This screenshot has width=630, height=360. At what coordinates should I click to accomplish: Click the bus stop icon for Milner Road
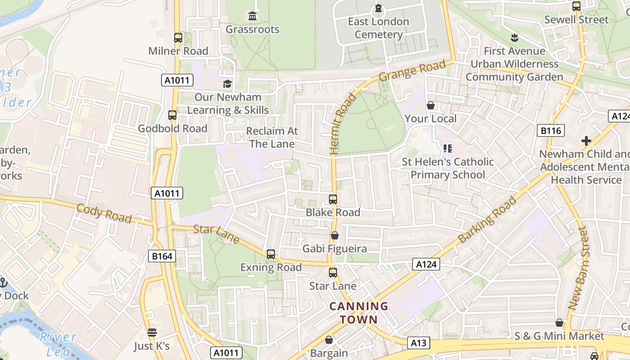pyautogui.click(x=178, y=38)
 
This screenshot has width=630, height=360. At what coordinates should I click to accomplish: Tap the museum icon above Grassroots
pyautogui.click(x=252, y=16)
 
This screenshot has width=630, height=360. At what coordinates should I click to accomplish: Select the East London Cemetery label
pyautogui.click(x=378, y=28)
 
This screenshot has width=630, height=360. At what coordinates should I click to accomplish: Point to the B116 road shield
pyautogui.click(x=551, y=131)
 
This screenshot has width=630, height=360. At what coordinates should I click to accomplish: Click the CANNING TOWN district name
pyautogui.click(x=359, y=313)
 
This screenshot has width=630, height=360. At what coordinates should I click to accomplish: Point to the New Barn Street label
pyautogui.click(x=579, y=268)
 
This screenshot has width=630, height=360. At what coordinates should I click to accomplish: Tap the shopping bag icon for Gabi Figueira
pyautogui.click(x=334, y=235)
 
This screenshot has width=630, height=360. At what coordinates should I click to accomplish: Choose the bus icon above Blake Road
pyautogui.click(x=333, y=199)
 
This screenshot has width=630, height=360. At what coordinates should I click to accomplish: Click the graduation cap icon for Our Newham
pyautogui.click(x=228, y=84)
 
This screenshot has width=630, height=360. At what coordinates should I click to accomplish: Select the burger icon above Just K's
pyautogui.click(x=152, y=333)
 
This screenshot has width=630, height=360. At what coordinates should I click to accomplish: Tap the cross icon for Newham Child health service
pyautogui.click(x=586, y=141)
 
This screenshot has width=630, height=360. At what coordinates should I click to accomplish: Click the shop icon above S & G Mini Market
pyautogui.click(x=559, y=323)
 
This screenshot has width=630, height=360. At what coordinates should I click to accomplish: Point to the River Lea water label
pyautogui.click(x=58, y=343)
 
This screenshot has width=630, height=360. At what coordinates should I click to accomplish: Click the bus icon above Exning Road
pyautogui.click(x=270, y=254)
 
